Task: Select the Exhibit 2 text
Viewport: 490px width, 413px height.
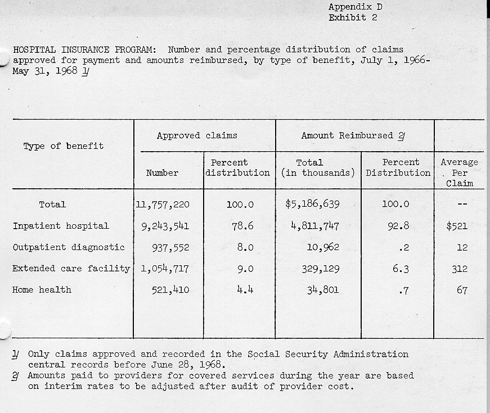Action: (x=353, y=17)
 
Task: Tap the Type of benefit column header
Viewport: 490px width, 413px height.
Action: (x=64, y=146)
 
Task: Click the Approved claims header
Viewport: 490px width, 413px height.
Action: (x=197, y=135)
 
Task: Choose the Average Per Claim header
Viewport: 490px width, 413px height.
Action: (x=459, y=173)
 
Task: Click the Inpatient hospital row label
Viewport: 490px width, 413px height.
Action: (x=61, y=226)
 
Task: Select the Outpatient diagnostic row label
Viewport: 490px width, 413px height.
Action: (x=69, y=247)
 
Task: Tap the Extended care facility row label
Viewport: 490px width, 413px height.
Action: (x=71, y=269)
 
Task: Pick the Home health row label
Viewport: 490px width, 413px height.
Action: (x=42, y=290)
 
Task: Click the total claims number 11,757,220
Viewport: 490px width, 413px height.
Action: (x=163, y=205)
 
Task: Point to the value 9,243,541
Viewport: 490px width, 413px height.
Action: (x=165, y=226)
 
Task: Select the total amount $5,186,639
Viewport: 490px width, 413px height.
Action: (x=312, y=205)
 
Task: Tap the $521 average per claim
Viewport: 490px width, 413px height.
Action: (x=457, y=226)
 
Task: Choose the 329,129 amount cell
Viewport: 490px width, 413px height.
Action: (x=320, y=269)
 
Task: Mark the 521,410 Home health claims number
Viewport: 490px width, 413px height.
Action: (x=170, y=291)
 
